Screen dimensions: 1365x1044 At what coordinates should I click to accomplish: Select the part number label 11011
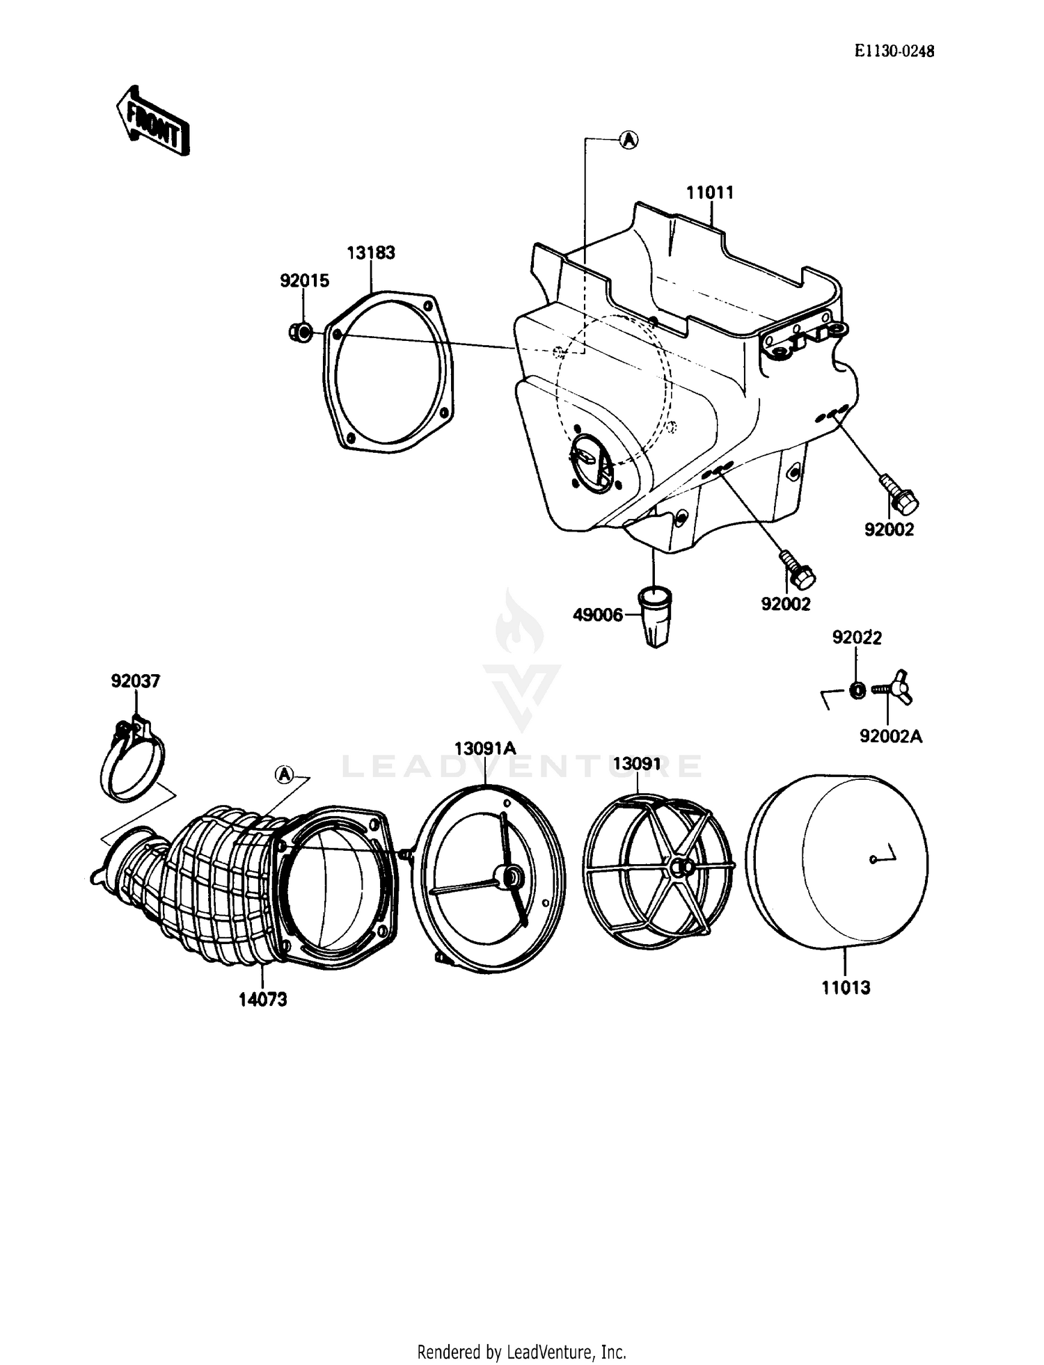[710, 193]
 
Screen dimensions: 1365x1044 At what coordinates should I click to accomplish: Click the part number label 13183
[371, 253]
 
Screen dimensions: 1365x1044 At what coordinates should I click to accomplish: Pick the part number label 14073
[262, 999]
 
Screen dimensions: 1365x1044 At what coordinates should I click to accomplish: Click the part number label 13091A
[485, 749]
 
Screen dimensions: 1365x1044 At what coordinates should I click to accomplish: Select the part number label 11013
[846, 987]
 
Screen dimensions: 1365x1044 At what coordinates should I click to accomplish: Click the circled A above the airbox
[628, 140]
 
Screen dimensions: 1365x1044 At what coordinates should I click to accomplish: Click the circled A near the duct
[284, 774]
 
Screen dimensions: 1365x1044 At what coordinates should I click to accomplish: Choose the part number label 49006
[597, 615]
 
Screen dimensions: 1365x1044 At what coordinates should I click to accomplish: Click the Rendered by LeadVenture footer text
[521, 1352]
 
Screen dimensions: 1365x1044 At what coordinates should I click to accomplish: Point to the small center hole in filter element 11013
[873, 860]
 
